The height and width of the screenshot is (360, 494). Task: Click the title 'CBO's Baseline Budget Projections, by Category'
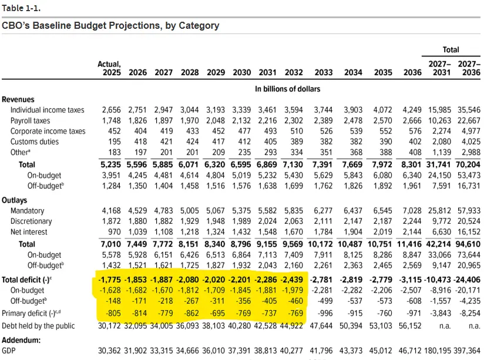point(110,26)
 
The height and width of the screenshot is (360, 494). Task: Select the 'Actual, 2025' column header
point(110,68)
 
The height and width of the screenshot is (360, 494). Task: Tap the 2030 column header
point(241,72)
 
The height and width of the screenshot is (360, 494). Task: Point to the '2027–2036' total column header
point(468,68)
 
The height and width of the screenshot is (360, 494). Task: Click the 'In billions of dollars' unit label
point(287,89)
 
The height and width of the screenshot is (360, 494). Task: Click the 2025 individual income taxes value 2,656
point(111,110)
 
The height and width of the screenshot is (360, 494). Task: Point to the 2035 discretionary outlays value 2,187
point(382,222)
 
